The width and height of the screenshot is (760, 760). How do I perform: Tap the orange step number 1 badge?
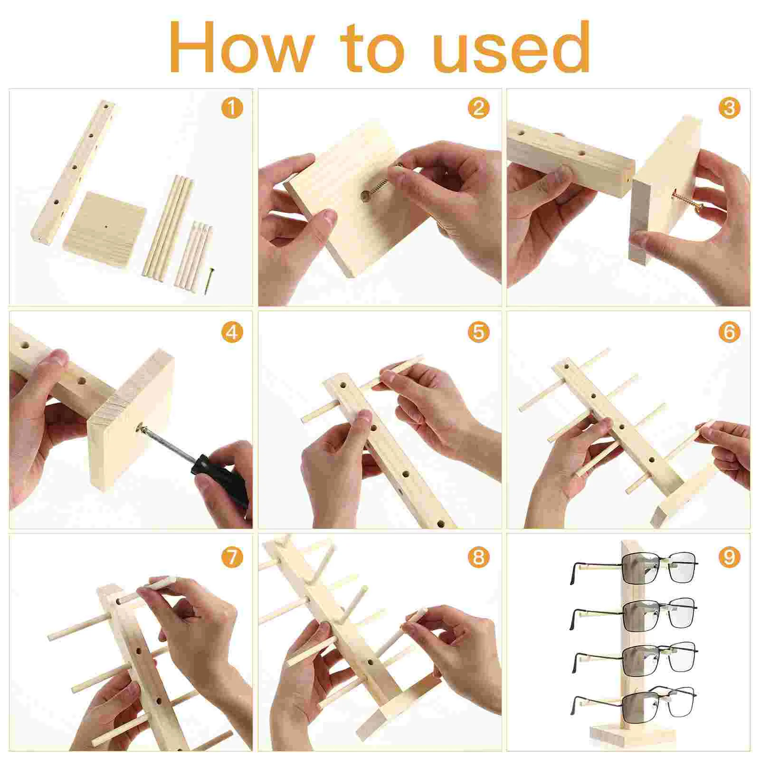point(231,108)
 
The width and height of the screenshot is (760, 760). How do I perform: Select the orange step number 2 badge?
point(478,108)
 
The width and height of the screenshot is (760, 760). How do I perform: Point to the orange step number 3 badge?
point(729,108)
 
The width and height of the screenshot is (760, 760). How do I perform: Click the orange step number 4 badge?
point(231,332)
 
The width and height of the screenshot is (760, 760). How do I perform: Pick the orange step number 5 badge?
point(478,332)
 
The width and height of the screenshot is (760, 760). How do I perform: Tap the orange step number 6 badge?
point(729,332)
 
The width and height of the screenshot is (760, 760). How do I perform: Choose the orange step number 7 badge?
point(231,556)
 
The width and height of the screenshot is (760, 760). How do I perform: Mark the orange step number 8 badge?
point(478,556)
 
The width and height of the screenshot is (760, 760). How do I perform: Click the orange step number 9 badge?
point(729,556)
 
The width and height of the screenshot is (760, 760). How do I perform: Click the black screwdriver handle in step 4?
point(218,475)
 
